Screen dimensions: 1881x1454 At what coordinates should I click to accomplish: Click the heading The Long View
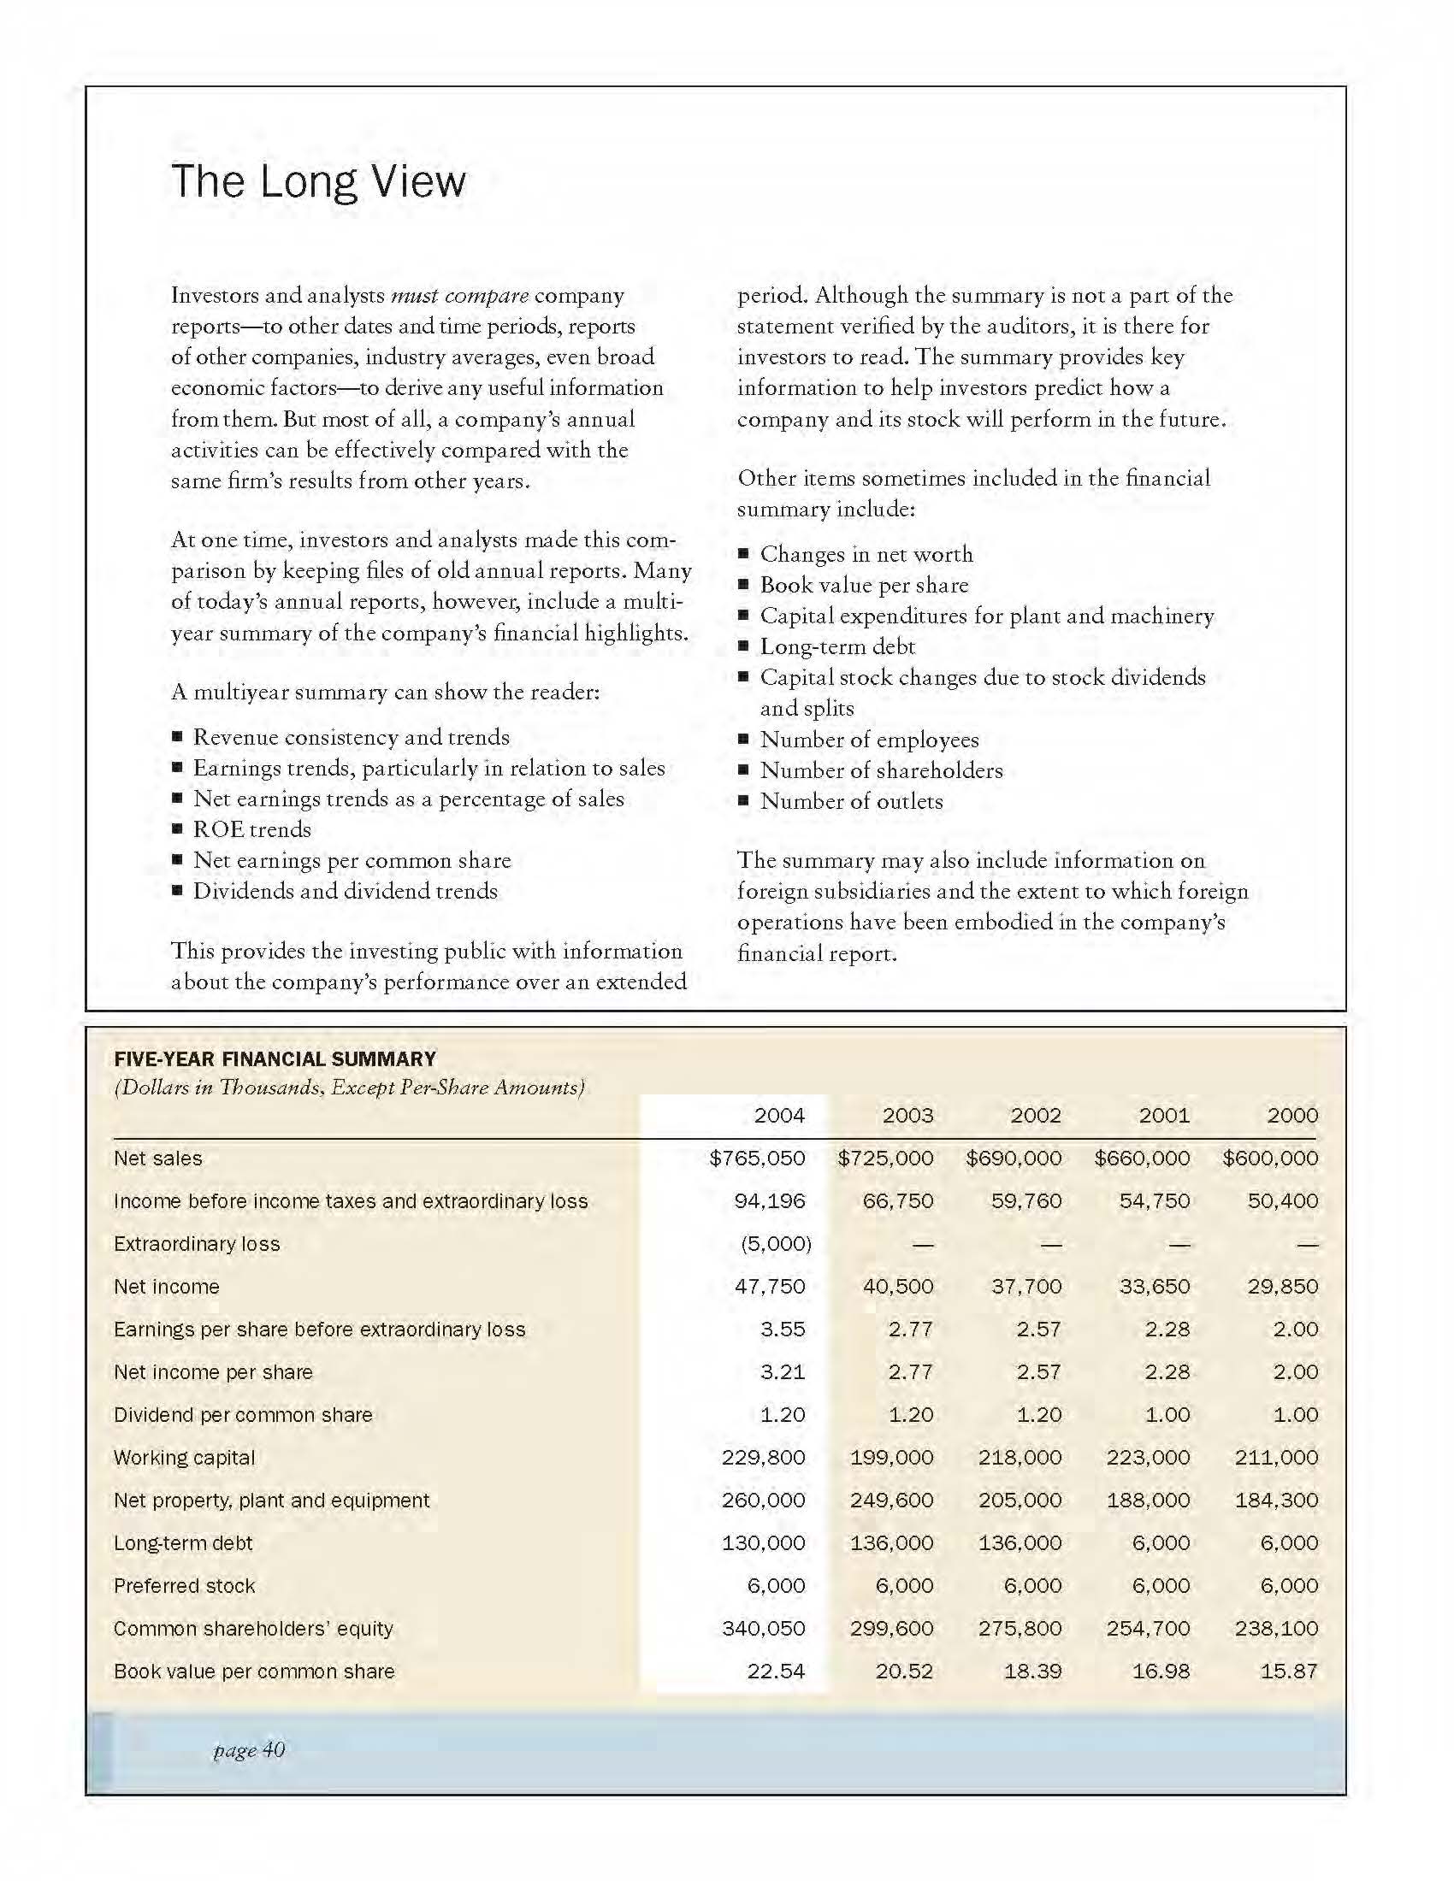pyautogui.click(x=318, y=182)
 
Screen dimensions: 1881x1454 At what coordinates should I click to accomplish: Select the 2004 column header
pyautogui.click(x=778, y=1115)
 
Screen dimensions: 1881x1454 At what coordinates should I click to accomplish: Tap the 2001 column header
pyautogui.click(x=1164, y=1115)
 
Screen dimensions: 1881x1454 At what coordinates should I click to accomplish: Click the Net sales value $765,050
pyautogui.click(x=757, y=1159)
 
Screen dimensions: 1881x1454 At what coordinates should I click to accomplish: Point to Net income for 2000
pyautogui.click(x=1283, y=1287)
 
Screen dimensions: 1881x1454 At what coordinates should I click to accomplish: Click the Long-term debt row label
pyautogui.click(x=184, y=1543)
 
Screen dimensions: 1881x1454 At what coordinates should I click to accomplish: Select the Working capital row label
pyautogui.click(x=185, y=1458)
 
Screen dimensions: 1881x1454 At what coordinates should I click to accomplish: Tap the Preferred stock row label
pyautogui.click(x=185, y=1586)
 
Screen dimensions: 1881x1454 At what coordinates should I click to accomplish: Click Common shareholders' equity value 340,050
pyautogui.click(x=763, y=1629)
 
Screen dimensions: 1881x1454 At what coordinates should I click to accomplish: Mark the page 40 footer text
pyautogui.click(x=249, y=1750)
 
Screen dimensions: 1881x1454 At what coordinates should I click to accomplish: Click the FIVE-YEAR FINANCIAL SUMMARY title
pyautogui.click(x=275, y=1059)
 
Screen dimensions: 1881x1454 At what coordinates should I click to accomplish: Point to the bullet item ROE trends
pyautogui.click(x=251, y=829)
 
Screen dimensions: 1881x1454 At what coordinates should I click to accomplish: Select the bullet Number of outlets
pyautogui.click(x=851, y=801)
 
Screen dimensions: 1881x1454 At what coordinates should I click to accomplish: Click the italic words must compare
pyautogui.click(x=459, y=296)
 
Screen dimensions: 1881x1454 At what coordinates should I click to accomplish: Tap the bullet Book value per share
pyautogui.click(x=864, y=585)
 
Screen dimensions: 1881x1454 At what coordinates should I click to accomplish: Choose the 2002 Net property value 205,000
pyautogui.click(x=1020, y=1501)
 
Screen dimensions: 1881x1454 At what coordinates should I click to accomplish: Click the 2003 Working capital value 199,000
pyautogui.click(x=891, y=1458)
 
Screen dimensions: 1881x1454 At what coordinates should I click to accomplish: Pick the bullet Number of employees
pyautogui.click(x=869, y=740)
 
